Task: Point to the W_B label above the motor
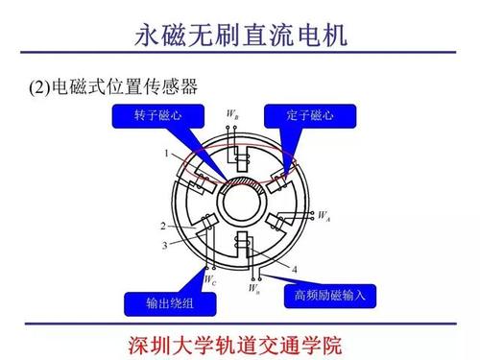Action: [x=232, y=116]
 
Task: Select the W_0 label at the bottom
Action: [x=253, y=287]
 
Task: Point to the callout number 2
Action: [x=163, y=227]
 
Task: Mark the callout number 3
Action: [x=164, y=246]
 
